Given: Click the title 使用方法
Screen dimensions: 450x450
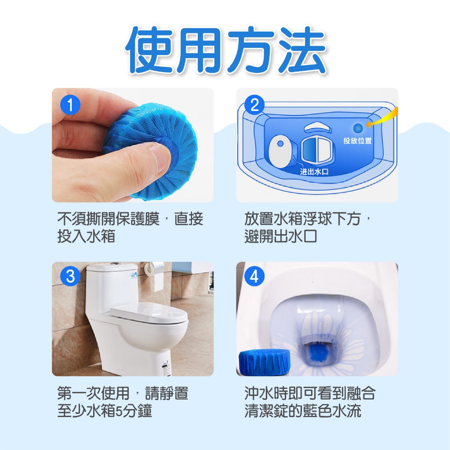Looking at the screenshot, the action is pyautogui.click(x=226, y=50).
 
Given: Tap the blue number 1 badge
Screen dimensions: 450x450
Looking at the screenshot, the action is pyautogui.click(x=70, y=105).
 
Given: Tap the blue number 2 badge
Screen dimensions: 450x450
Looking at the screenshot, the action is pyautogui.click(x=254, y=105).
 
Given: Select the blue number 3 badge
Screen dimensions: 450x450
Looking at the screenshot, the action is pyautogui.click(x=70, y=277).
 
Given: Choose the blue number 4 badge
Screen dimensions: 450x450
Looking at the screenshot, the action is pyautogui.click(x=254, y=277).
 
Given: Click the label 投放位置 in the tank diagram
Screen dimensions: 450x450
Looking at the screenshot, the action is pyautogui.click(x=357, y=141).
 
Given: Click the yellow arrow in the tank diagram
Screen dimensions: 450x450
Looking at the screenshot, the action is pyautogui.click(x=383, y=118).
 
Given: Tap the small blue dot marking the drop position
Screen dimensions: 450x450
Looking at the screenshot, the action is pyautogui.click(x=358, y=128).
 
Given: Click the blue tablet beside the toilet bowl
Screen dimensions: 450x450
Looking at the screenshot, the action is pyautogui.click(x=264, y=362).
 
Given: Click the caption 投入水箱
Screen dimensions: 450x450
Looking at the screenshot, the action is pyautogui.click(x=86, y=236).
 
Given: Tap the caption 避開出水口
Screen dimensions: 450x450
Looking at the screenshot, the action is pyautogui.click(x=281, y=236).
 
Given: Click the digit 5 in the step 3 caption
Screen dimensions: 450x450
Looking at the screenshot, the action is pyautogui.click(x=118, y=411).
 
